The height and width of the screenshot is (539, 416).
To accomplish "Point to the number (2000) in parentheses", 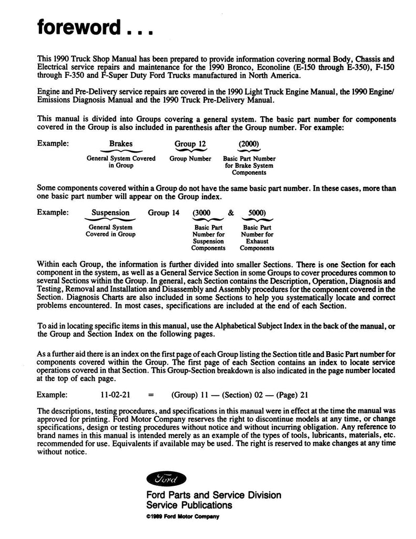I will pyautogui.click(x=249, y=143).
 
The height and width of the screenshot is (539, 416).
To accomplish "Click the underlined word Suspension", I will pyautogui.click(x=110, y=213).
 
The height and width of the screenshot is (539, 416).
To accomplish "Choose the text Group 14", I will pyautogui.click(x=164, y=213).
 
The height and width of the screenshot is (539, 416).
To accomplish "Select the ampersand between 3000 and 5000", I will pyautogui.click(x=230, y=213).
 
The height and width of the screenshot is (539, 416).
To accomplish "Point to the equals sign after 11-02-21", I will pyautogui.click(x=151, y=393).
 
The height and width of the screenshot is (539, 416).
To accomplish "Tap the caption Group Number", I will pyautogui.click(x=190, y=158).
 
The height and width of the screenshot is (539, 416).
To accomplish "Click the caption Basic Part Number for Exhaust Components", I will pyautogui.click(x=257, y=237).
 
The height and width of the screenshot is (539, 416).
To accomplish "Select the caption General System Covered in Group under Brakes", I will pyautogui.click(x=120, y=162).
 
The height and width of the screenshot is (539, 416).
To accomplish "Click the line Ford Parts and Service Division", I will pyautogui.click(x=214, y=495).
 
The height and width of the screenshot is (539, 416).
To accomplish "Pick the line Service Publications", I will pyautogui.click(x=189, y=505).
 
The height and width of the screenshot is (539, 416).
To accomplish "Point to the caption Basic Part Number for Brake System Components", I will pyautogui.click(x=249, y=165).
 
